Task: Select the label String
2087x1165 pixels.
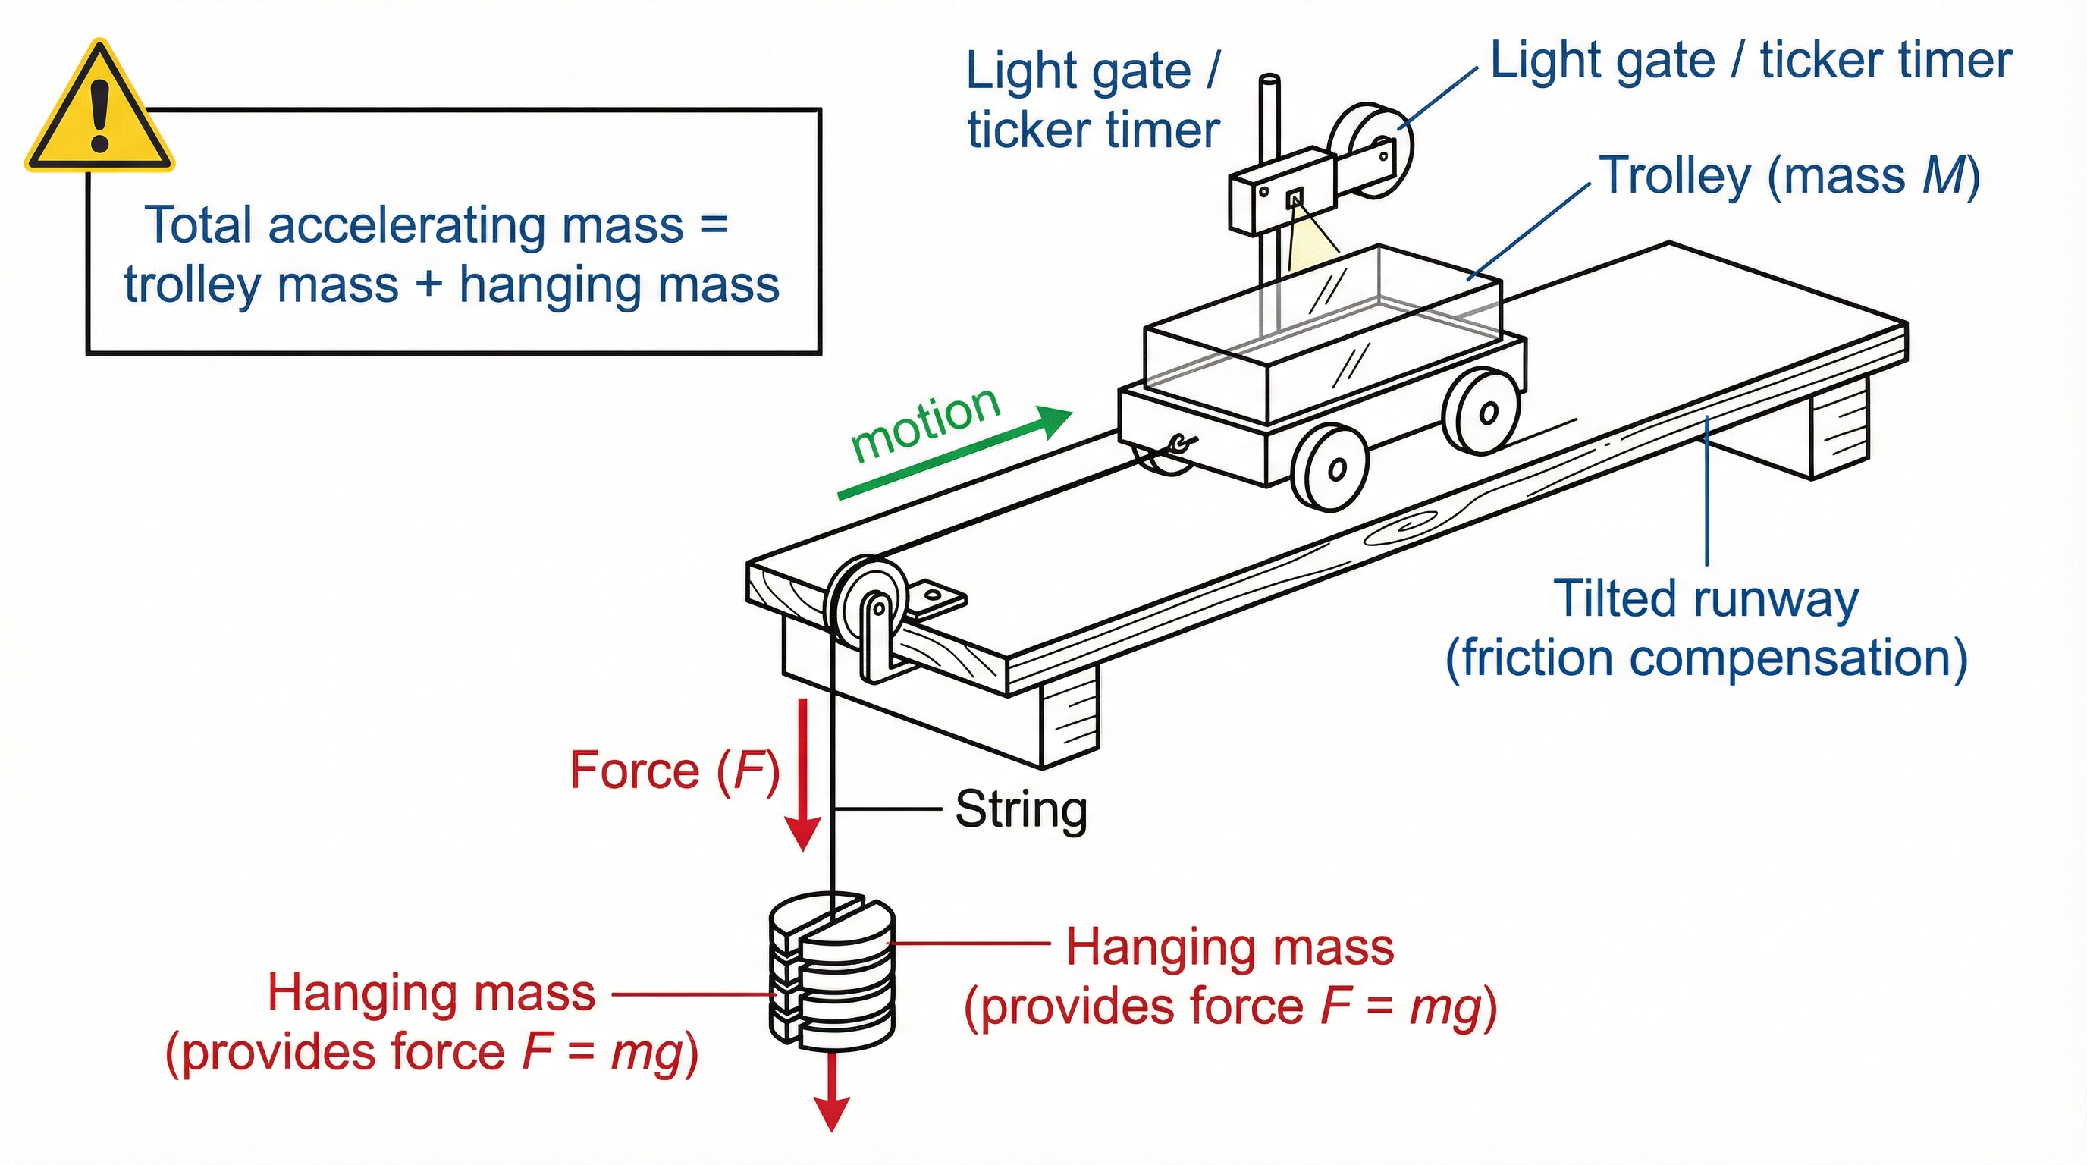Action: pos(1020,809)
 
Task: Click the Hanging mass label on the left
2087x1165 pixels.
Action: pos(431,1022)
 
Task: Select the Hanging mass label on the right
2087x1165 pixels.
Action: pos(1230,976)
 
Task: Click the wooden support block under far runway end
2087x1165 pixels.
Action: pos(1839,429)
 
